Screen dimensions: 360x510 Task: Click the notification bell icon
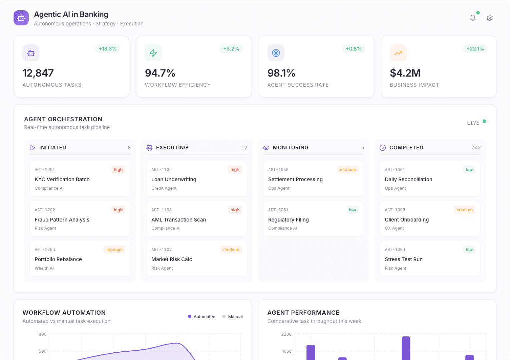click(473, 18)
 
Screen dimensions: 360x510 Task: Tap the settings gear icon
click(490, 18)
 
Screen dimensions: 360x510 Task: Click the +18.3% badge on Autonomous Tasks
click(108, 49)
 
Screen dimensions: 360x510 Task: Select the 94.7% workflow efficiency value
click(160, 73)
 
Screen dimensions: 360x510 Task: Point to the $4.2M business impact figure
click(405, 73)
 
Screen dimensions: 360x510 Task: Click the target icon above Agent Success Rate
click(276, 53)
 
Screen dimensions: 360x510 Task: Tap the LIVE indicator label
click(473, 123)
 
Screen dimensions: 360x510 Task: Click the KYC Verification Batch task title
click(62, 179)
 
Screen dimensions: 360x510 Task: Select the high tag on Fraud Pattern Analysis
click(118, 210)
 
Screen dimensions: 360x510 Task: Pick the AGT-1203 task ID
click(45, 250)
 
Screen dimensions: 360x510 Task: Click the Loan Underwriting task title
click(174, 179)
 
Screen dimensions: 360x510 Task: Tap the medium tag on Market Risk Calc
click(231, 250)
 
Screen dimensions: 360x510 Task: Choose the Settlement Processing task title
click(295, 179)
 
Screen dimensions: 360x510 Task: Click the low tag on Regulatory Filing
click(352, 210)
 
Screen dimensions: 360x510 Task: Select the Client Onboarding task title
click(407, 220)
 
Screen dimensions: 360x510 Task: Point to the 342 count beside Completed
click(476, 148)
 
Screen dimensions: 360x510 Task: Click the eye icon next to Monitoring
click(266, 148)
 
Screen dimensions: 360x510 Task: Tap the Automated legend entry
click(202, 317)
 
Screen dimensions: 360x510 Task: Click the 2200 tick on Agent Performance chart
click(286, 334)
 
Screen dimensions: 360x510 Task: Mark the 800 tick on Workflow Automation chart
click(42, 334)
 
